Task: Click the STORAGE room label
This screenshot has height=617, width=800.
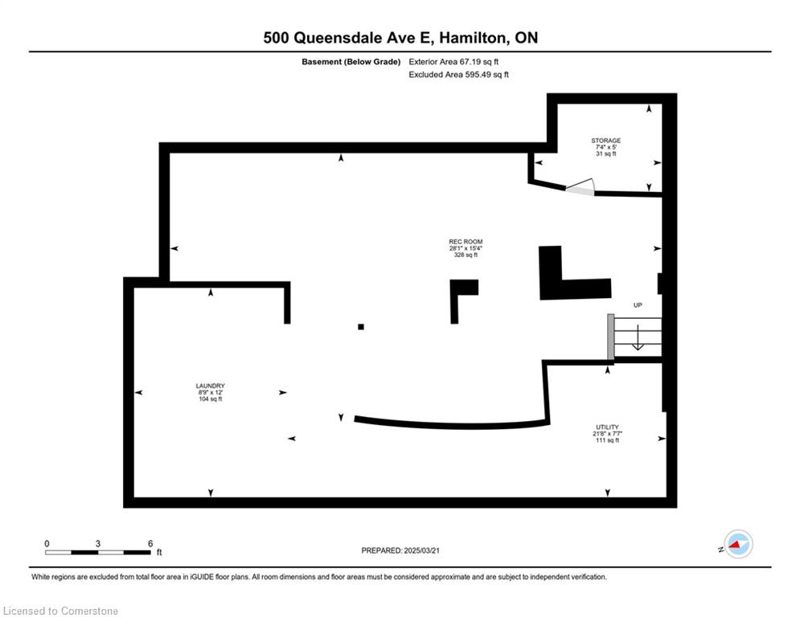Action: pos(605,141)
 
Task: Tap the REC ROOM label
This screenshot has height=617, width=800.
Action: pos(466,242)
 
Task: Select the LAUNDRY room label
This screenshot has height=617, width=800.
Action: pos(210,386)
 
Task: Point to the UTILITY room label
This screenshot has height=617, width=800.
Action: pos(607,427)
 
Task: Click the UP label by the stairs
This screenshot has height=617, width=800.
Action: pos(638,305)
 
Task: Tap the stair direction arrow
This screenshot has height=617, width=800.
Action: pos(638,337)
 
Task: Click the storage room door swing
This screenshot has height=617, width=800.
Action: pos(581,186)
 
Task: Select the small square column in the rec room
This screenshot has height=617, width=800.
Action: pos(361,327)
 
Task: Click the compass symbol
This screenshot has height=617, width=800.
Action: pos(738,544)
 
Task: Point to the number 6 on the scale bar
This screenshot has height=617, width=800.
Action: pos(150,544)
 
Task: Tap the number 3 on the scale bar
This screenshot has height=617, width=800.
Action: pos(97,544)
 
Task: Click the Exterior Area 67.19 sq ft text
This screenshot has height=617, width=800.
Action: pos(453,62)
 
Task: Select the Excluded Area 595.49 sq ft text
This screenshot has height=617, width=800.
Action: pos(458,75)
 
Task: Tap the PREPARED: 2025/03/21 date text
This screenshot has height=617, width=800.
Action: pos(400,550)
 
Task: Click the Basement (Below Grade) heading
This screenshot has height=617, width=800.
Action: pos(351,62)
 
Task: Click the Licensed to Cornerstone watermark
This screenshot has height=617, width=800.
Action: pos(60,611)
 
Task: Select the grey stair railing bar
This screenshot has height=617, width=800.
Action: pos(610,337)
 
